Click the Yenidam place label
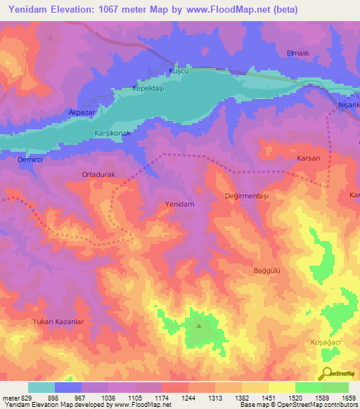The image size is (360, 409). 179,204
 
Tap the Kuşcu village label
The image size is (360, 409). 179,72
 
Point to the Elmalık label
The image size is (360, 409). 299,53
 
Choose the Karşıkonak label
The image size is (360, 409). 113,133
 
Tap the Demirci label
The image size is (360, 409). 30,160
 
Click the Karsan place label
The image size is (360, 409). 308,158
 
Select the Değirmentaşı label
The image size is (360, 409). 247,196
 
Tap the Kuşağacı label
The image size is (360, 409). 326,341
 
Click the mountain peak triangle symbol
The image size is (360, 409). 198,325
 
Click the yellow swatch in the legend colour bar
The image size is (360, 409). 281,387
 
